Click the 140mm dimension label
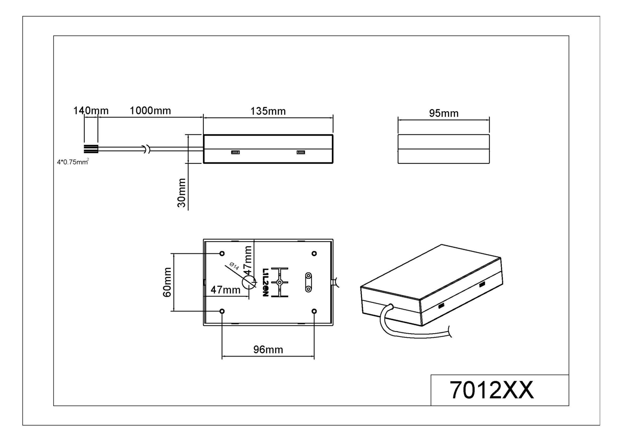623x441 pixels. (91, 111)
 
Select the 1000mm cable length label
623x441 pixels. (150, 111)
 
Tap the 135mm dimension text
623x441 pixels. (268, 111)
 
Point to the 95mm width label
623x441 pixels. (443, 113)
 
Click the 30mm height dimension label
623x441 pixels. (181, 193)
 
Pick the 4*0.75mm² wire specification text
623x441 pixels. (73, 162)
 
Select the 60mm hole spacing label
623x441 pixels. (167, 282)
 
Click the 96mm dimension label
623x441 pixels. (268, 350)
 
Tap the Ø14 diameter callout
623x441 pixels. (234, 266)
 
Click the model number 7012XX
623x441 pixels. (491, 390)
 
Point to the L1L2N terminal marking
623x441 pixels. (266, 282)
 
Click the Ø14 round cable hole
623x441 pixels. (248, 282)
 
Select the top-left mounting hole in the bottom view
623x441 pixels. (222, 253)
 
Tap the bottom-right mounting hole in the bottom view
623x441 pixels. (314, 311)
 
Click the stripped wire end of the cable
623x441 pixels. (91, 149)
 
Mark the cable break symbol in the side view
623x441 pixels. (147, 149)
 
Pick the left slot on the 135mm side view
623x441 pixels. (235, 152)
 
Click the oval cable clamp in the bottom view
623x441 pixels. (308, 282)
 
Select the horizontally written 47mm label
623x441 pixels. (225, 290)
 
